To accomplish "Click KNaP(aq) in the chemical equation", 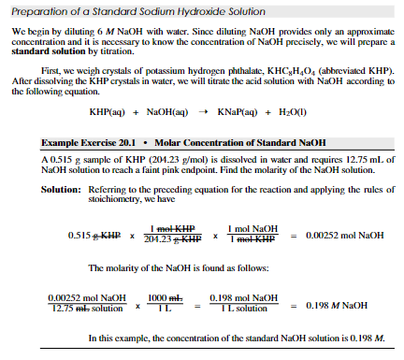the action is click(238, 111).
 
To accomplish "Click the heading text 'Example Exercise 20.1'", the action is click(82, 142).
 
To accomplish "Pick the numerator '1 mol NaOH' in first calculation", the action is click(253, 229).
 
